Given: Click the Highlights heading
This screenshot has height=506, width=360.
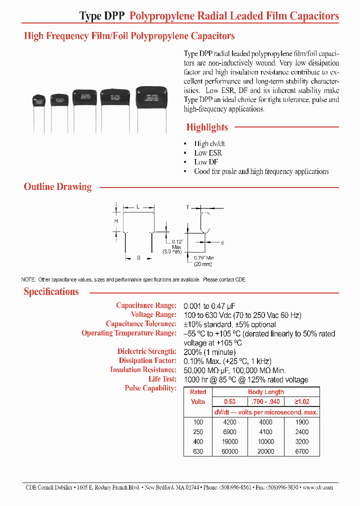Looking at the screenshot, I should [x=207, y=127].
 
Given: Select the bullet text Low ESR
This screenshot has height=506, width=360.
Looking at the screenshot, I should [x=208, y=153].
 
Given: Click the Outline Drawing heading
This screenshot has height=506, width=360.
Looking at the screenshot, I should [x=57, y=187].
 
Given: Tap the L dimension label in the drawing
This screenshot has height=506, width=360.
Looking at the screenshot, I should [x=138, y=206].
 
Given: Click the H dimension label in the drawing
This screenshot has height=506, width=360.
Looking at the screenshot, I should [x=115, y=220].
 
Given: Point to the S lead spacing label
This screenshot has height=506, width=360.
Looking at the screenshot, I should [x=138, y=258].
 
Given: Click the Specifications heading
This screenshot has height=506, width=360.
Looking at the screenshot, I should [x=51, y=292].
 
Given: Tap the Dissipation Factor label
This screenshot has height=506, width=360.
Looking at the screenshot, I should [x=147, y=360].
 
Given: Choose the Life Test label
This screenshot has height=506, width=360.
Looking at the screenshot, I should [x=162, y=379].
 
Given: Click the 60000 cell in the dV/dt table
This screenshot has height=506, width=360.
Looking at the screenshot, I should [x=230, y=451].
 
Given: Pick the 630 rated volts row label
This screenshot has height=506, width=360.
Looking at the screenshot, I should [x=198, y=451].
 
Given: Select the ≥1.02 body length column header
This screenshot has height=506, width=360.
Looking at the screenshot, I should [x=302, y=401].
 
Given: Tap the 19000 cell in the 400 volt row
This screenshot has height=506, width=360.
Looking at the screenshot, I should [x=230, y=442].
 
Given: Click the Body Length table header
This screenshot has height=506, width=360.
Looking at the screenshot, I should [x=266, y=392].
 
